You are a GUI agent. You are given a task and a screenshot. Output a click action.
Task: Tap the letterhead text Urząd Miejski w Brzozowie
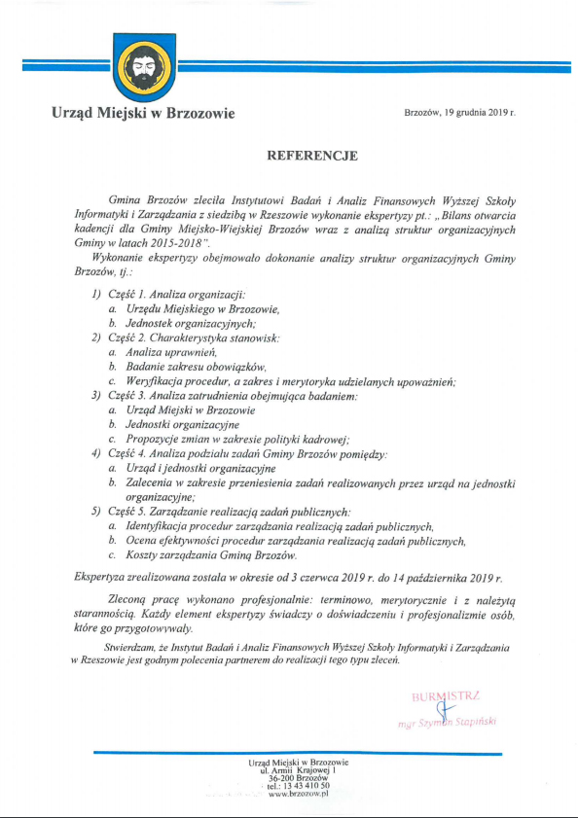click(x=144, y=114)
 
